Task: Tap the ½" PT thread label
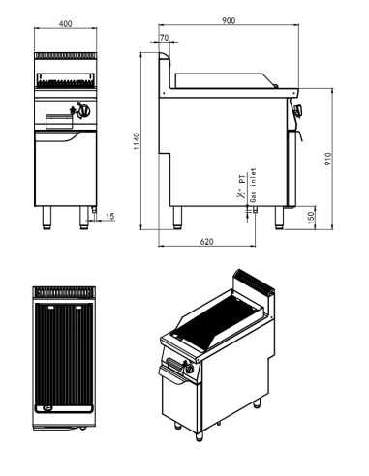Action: (x=239, y=186)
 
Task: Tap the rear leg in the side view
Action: (x=177, y=217)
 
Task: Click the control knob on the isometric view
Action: (x=178, y=367)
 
